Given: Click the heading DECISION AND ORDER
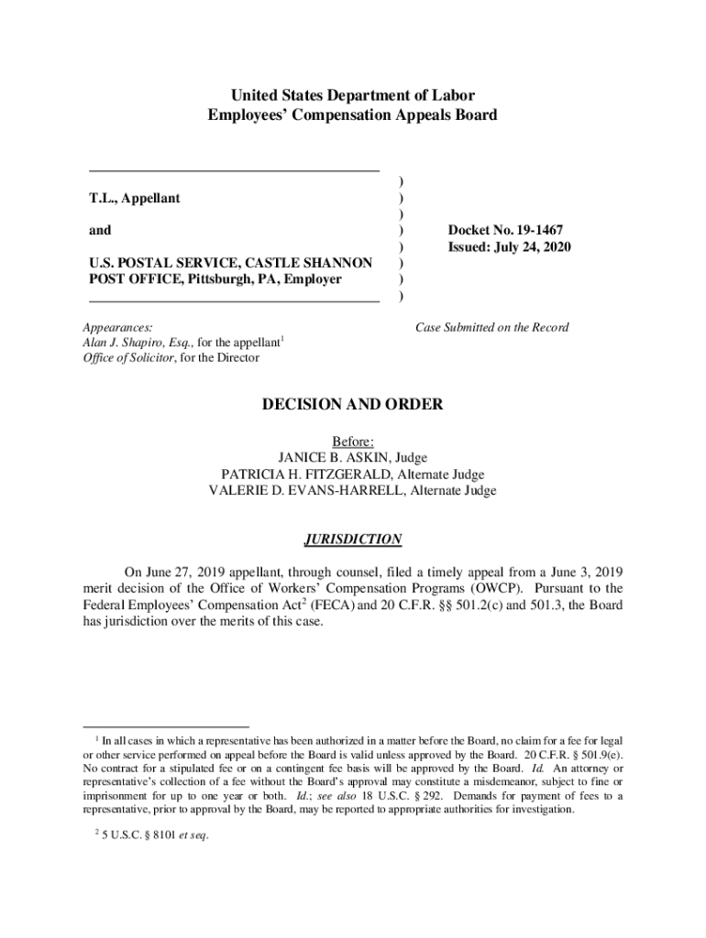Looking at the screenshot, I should point(353,404).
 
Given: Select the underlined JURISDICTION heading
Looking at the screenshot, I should point(352,540).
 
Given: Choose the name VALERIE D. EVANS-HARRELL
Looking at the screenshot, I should point(307,491).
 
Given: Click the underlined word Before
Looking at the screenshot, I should point(353,442).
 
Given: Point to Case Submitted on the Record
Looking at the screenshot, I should point(491,327).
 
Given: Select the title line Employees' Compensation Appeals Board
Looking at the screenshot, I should point(353,115).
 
